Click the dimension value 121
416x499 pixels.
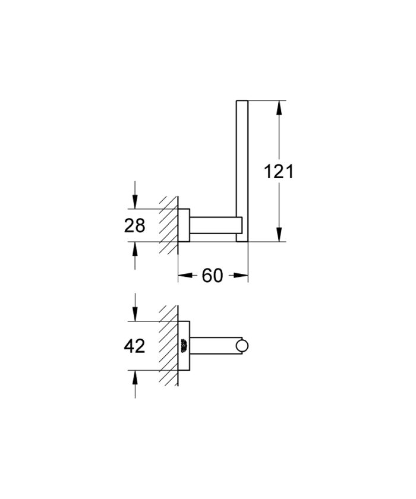click(x=278, y=172)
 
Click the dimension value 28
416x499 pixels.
click(x=135, y=225)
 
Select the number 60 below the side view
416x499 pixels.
click(x=212, y=275)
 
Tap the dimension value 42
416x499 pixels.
click(x=135, y=346)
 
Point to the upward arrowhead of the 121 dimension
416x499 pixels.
click(x=278, y=107)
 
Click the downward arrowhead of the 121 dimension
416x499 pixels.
click(x=278, y=236)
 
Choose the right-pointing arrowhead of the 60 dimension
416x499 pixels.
click(x=242, y=275)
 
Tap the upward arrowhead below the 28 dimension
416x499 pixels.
click(x=135, y=248)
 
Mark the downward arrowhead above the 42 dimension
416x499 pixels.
click(x=135, y=315)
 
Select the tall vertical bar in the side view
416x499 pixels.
click(x=242, y=169)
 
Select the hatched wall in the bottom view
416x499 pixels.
click(x=169, y=346)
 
